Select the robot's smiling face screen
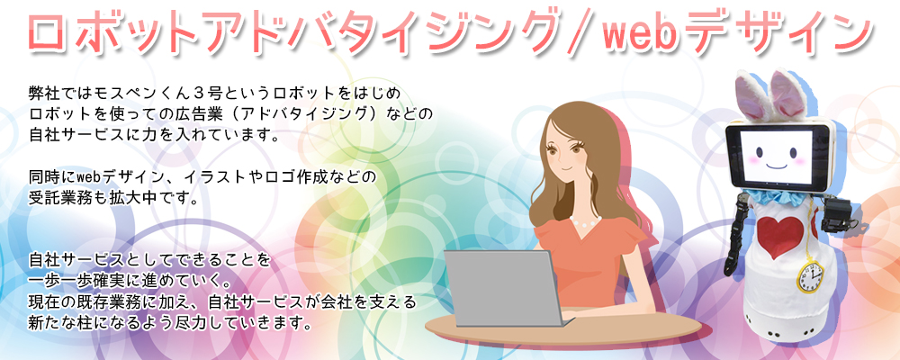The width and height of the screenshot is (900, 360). (776, 156)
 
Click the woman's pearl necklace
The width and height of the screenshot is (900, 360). (586, 220)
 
